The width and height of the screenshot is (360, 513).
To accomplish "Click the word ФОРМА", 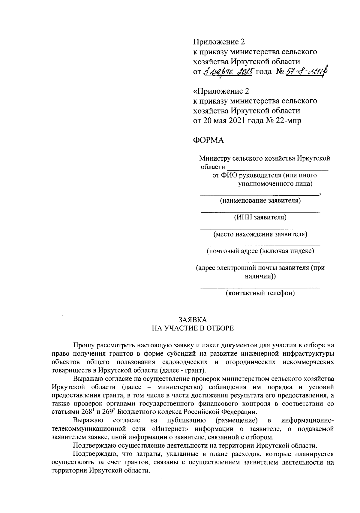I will tap(208, 140).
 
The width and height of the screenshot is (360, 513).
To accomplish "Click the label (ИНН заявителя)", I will tap(260, 217).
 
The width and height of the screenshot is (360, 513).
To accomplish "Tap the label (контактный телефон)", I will tap(260, 293).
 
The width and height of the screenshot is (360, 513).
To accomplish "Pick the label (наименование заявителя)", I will tap(260, 200).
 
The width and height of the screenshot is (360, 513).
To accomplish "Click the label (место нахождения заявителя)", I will tap(260, 234).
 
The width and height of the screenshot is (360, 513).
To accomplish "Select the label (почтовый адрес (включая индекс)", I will tap(260, 251).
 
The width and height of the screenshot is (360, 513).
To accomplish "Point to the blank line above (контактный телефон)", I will tap(260, 288).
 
